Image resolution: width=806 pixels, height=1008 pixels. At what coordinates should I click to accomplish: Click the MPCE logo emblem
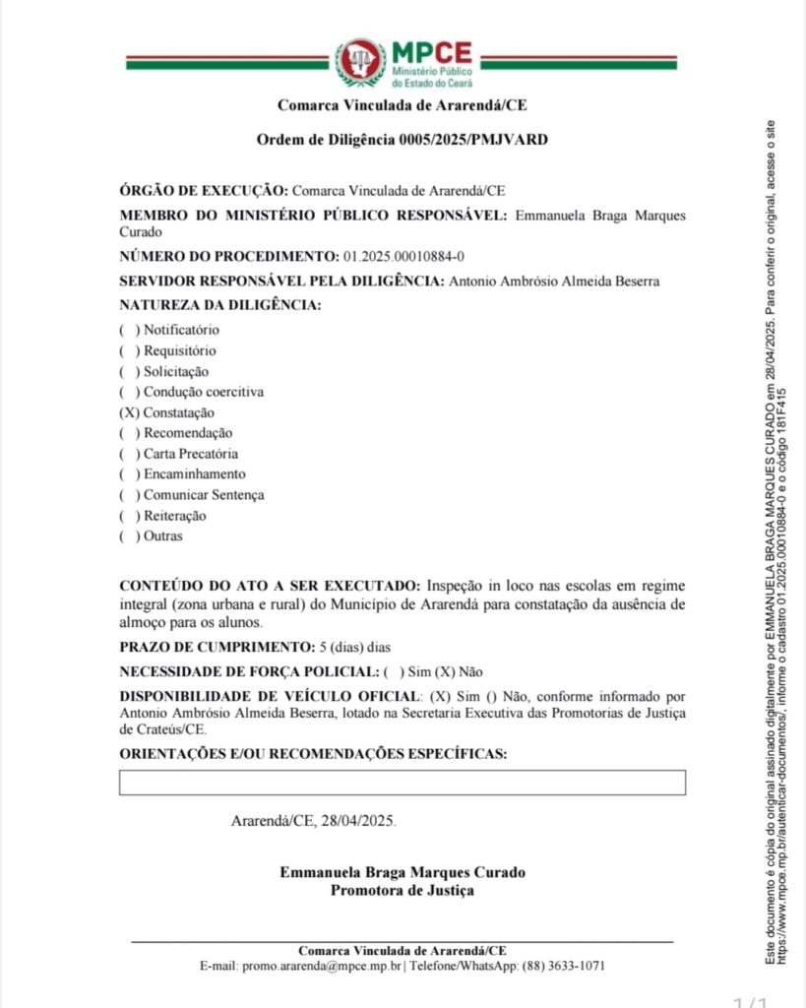pos(360,62)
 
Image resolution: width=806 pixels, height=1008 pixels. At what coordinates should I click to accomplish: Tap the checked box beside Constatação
pos(129,413)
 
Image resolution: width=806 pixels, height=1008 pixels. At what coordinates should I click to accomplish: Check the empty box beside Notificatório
pos(129,331)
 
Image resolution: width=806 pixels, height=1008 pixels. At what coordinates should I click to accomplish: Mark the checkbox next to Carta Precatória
pos(129,455)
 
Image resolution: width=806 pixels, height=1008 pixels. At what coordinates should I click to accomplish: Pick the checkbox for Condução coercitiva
pos(129,393)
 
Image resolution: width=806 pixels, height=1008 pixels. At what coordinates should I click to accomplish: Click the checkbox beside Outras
pos(129,536)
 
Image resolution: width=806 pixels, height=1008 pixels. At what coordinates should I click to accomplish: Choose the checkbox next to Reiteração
pos(129,516)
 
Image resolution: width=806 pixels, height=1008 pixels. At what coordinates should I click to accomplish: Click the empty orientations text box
pos(402,783)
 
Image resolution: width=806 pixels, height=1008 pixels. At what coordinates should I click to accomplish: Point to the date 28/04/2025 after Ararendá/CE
pos(359,821)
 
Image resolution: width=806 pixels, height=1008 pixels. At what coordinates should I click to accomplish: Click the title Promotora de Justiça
pos(402,891)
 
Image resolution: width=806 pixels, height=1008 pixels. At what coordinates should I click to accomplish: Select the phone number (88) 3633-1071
pos(563,967)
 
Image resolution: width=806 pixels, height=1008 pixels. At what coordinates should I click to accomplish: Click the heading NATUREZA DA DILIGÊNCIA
pos(220,305)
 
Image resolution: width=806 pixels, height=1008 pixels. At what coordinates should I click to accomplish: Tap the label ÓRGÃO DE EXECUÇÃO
pos(203,190)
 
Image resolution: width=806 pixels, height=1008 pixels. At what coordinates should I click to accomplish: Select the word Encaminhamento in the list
pos(194,474)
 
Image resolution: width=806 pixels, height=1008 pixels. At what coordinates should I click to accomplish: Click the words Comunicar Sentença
pos(204,495)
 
